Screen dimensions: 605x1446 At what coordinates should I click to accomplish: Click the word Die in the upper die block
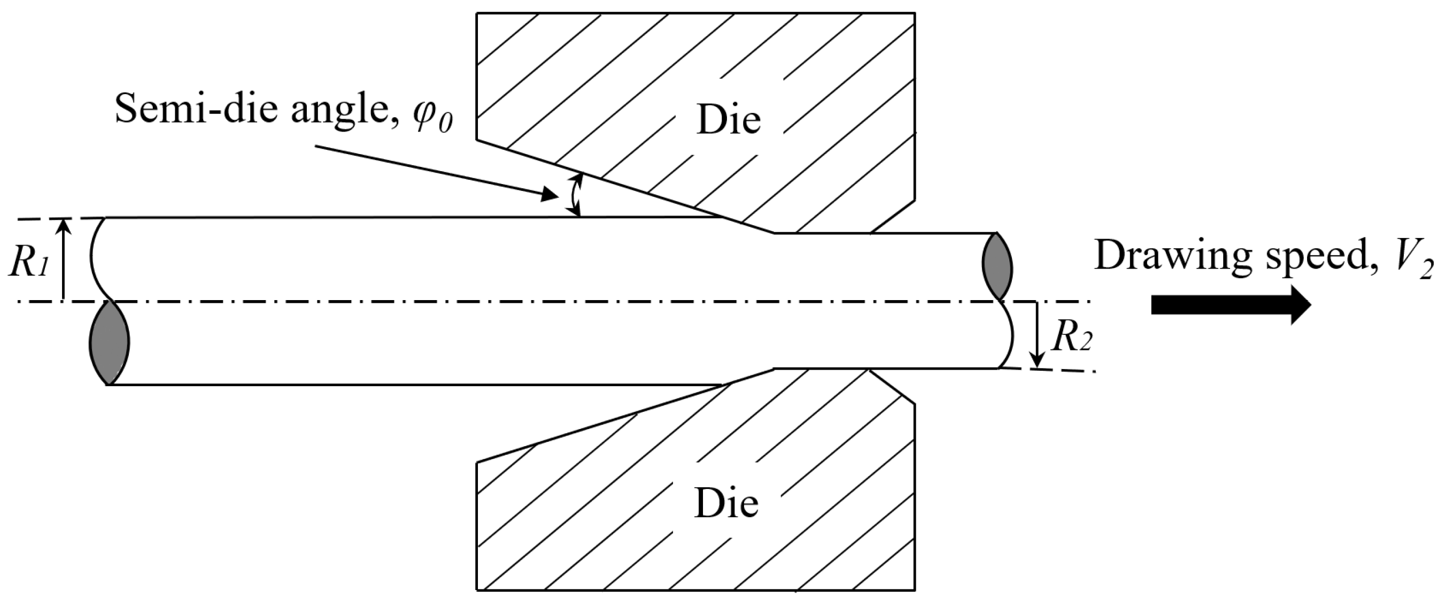point(728,120)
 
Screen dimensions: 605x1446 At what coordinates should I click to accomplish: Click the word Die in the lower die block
point(726,503)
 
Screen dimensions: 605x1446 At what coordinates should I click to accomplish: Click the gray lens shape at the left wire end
point(110,343)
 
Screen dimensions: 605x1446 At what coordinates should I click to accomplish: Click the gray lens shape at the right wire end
point(997,266)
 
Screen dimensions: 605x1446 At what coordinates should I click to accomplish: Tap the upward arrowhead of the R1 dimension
point(64,225)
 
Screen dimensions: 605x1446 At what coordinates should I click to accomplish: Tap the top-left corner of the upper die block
point(477,13)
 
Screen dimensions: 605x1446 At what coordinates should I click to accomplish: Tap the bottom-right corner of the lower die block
point(915,590)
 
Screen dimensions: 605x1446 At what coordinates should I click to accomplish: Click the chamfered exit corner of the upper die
point(893,216)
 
